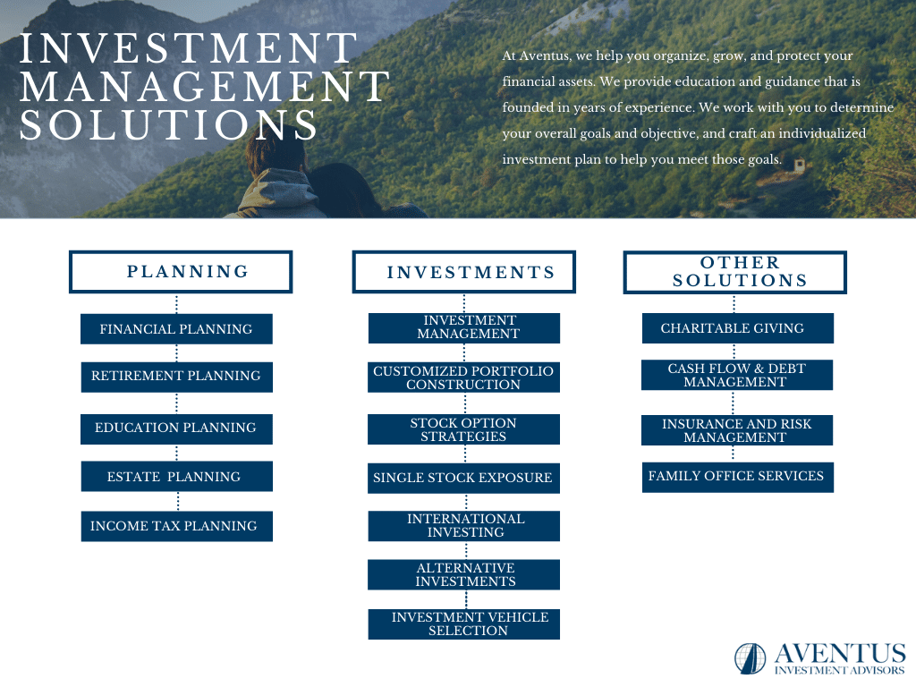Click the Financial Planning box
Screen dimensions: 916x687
pos(176,329)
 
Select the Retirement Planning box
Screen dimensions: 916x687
pos(176,377)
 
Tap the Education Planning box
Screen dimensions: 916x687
pos(176,429)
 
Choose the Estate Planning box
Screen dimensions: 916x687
pos(176,476)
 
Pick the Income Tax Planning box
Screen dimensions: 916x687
pos(176,526)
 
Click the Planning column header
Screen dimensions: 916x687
pos(181,272)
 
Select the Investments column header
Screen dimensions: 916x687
pos(464,272)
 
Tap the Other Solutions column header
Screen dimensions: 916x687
pos(735,272)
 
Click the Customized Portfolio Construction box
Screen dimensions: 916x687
pos(464,377)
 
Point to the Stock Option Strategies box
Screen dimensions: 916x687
pos(464,429)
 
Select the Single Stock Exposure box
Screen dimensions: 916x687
pos(464,479)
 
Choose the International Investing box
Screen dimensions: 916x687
pos(464,526)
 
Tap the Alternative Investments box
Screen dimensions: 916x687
pos(464,575)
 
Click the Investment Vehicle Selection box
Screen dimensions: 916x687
pos(464,624)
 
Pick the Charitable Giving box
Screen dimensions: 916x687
pos(738,328)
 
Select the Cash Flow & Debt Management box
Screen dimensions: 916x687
pos(737,375)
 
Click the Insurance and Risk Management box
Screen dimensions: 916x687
pos(737,430)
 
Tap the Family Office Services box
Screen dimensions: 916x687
pos(738,478)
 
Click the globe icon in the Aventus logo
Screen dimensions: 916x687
pos(751,658)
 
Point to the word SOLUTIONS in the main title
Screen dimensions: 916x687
pos(169,124)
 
